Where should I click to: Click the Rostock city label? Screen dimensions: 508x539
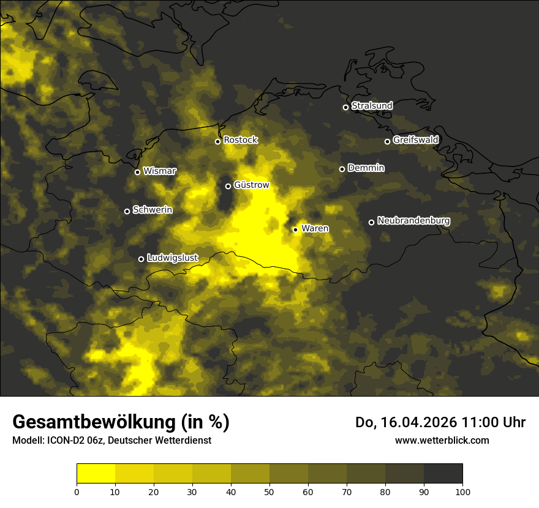click(241, 140)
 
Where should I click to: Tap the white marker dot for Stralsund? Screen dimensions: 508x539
click(345, 107)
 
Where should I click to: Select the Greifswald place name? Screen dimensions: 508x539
click(415, 140)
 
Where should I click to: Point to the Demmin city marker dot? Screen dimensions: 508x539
click(342, 169)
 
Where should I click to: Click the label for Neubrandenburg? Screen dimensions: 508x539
click(413, 221)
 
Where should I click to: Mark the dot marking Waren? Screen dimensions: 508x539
click(295, 230)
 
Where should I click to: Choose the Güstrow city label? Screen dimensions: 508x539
click(251, 185)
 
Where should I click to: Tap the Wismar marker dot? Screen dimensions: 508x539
click(137, 172)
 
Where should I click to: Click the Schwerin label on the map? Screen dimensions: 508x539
click(153, 210)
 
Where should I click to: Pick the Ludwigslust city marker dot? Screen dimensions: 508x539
click(141, 259)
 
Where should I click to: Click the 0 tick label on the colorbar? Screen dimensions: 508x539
click(77, 491)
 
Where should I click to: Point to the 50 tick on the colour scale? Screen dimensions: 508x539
click(269, 491)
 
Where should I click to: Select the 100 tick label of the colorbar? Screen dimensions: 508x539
click(462, 491)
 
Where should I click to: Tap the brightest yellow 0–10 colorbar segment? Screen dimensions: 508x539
click(96, 474)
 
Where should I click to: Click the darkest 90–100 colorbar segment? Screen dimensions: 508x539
click(443, 474)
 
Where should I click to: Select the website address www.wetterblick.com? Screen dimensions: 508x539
click(442, 440)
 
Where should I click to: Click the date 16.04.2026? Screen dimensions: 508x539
click(416, 422)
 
